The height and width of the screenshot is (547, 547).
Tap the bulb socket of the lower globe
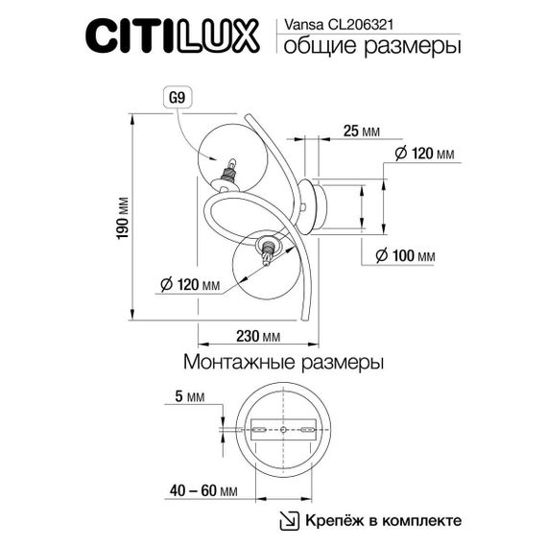point(269,250)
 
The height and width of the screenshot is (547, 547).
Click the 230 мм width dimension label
point(257,336)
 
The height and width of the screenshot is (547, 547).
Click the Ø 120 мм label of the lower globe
point(187,285)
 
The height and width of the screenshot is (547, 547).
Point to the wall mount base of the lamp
point(313,203)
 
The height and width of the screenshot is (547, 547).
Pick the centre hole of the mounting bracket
point(284,429)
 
